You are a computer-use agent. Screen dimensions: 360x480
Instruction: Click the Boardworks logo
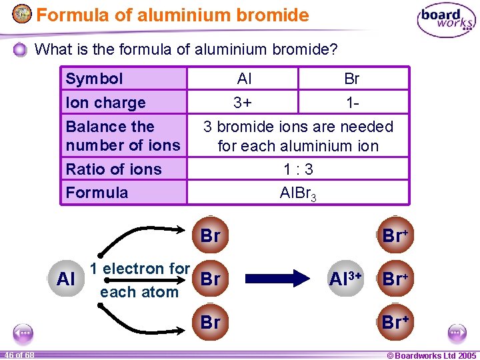(446, 21)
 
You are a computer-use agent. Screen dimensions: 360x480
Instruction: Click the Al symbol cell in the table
(244, 79)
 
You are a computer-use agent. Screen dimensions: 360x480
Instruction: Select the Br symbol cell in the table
(352, 79)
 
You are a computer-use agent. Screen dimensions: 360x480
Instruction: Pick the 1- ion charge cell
(352, 103)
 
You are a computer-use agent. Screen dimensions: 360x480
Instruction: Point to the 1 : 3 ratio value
(298, 169)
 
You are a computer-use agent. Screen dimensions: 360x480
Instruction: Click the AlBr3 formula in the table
(298, 193)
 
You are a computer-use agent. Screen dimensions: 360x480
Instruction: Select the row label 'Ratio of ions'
(114, 169)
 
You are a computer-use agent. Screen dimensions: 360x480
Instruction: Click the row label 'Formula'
(97, 193)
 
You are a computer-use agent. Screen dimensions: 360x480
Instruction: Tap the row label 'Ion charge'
(105, 103)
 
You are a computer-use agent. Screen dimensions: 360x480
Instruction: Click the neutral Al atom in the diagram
(66, 279)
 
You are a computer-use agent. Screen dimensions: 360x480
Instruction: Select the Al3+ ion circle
(346, 279)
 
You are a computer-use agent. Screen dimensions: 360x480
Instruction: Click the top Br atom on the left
(210, 235)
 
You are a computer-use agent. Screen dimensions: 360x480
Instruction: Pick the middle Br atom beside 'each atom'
(210, 279)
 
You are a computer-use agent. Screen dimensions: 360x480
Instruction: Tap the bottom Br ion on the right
(395, 322)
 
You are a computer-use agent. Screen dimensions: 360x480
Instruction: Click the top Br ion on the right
(395, 235)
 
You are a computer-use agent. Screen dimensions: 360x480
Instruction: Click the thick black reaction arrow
(274, 279)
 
